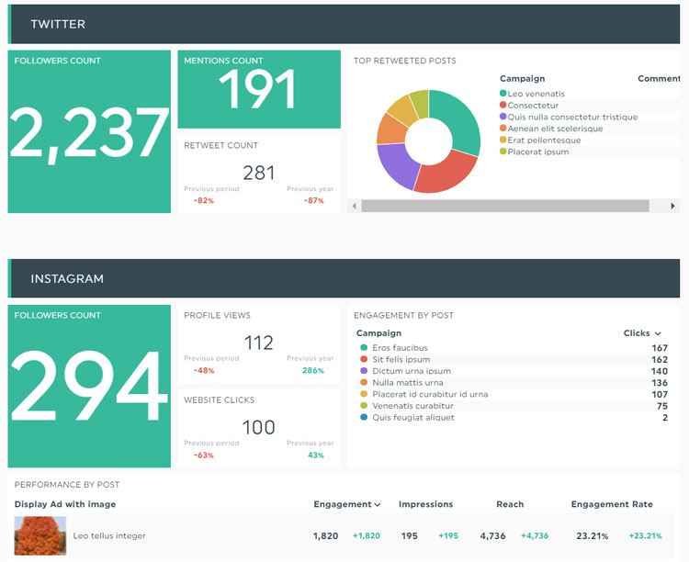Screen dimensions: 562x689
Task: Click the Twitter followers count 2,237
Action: [89, 134]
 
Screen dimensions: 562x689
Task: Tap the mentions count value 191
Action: [258, 91]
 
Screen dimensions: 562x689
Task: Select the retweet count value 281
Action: [259, 173]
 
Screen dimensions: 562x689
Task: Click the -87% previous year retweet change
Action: [314, 200]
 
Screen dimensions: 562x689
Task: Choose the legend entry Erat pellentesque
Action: [544, 140]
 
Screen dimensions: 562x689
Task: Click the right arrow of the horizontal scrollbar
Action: [673, 207]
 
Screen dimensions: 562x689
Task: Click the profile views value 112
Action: [259, 343]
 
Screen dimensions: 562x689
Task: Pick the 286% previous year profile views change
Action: [313, 371]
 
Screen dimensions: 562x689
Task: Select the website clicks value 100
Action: [259, 427]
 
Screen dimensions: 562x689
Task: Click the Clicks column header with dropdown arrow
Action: [641, 333]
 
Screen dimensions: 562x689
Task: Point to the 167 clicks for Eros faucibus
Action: [659, 348]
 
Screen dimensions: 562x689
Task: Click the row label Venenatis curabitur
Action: [412, 406]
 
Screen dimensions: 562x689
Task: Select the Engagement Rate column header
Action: [612, 504]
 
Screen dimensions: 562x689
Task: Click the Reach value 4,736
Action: [492, 535]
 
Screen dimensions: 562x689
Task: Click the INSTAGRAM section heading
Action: [67, 278]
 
